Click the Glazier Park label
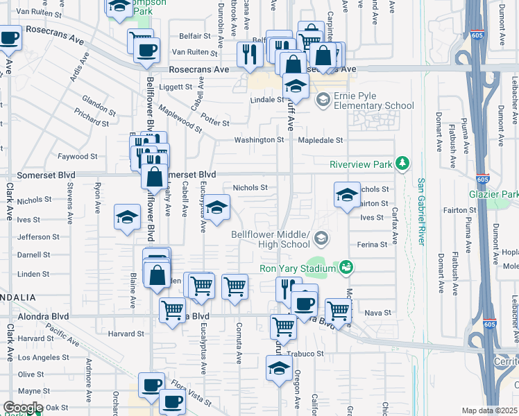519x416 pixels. (x=493, y=195)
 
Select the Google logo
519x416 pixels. (x=22, y=408)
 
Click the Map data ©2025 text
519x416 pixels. (x=489, y=410)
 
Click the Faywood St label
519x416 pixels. (x=78, y=157)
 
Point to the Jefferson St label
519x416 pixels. (x=38, y=236)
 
